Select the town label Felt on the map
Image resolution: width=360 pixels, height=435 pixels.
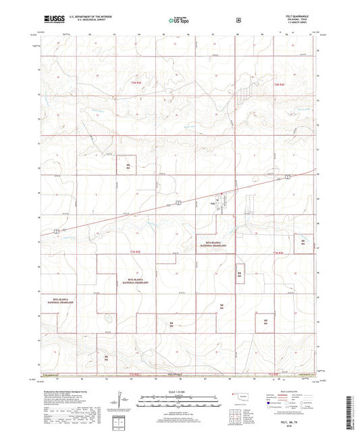point(212,201)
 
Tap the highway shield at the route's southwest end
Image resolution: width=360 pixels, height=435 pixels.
point(58,231)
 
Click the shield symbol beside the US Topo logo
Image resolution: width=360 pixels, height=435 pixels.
point(238,20)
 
